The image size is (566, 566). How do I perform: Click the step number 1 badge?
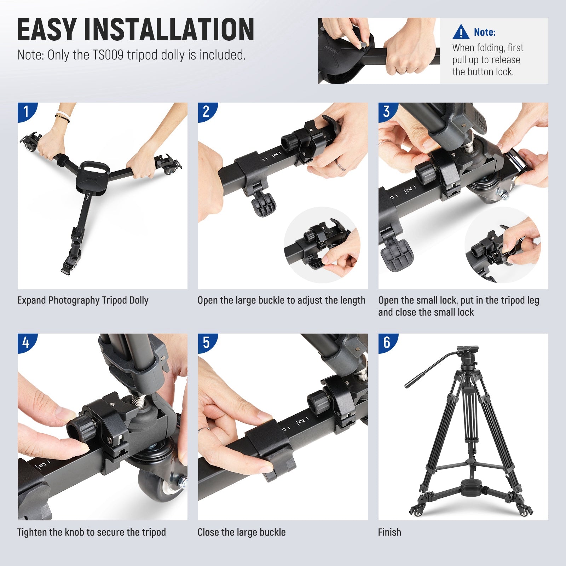coord(26,111)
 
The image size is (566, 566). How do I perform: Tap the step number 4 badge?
coord(26,342)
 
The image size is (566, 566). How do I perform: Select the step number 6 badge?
coord(387,342)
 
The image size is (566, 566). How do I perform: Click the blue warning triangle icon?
coord(461,32)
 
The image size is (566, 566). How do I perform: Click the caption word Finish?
coord(389,532)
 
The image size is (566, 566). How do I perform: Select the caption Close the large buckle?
coord(241,532)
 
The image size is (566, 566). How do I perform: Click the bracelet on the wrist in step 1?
coord(62,117)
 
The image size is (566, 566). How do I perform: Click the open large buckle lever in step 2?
coord(264,205)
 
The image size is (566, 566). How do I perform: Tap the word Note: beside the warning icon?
coord(485,32)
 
